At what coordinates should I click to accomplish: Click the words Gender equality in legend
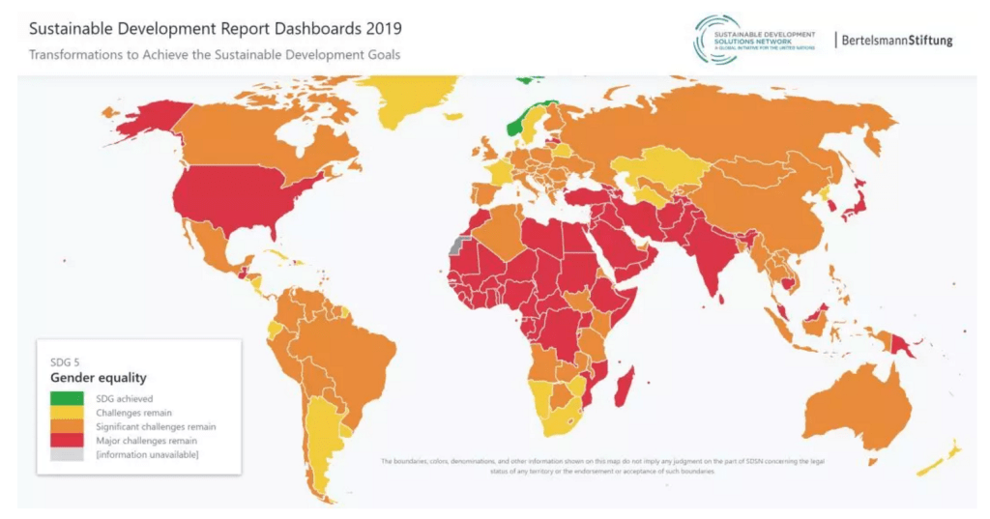tap(99, 377)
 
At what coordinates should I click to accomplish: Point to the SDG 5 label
tap(66, 361)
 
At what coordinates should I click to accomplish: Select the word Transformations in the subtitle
tap(77, 55)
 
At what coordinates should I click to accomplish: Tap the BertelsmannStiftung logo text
tap(896, 41)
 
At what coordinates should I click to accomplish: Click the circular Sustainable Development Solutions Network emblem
tap(714, 40)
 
